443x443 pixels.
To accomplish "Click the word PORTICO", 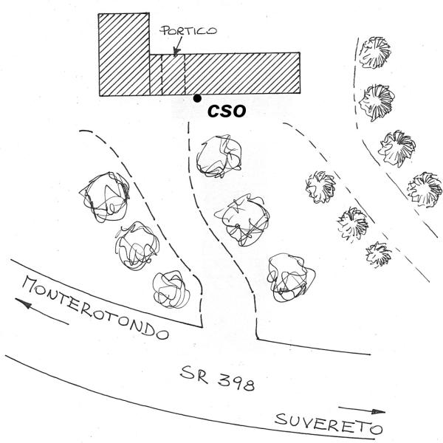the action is coord(188,30).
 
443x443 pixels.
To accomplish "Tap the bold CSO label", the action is coord(227,111).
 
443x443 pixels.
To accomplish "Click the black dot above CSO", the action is coord(197,98).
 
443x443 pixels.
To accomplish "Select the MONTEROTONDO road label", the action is coord(95,308).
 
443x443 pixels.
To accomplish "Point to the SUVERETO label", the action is coord(329,424).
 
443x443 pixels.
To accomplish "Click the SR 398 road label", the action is coord(218,378).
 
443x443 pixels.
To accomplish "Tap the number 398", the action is coord(236,382).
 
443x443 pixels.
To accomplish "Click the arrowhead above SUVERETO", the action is coord(378,411).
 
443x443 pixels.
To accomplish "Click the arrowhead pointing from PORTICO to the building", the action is coord(176,52).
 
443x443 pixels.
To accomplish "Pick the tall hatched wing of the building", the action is coord(124,55).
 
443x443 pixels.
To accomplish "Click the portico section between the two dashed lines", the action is coord(174,75).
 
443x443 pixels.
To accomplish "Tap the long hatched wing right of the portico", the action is coord(242,73).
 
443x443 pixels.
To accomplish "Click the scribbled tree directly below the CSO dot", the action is coord(219,156).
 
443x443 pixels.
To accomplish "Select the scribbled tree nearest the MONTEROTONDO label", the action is coord(171,289).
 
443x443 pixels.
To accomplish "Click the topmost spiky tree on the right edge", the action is coord(375,52).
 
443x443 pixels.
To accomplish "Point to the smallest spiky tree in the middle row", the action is coord(378,254).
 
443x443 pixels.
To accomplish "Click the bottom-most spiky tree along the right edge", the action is coord(425,189).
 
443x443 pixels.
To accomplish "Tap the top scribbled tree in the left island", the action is coord(105,196).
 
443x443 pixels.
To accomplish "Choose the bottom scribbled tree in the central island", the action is coord(291,277).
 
